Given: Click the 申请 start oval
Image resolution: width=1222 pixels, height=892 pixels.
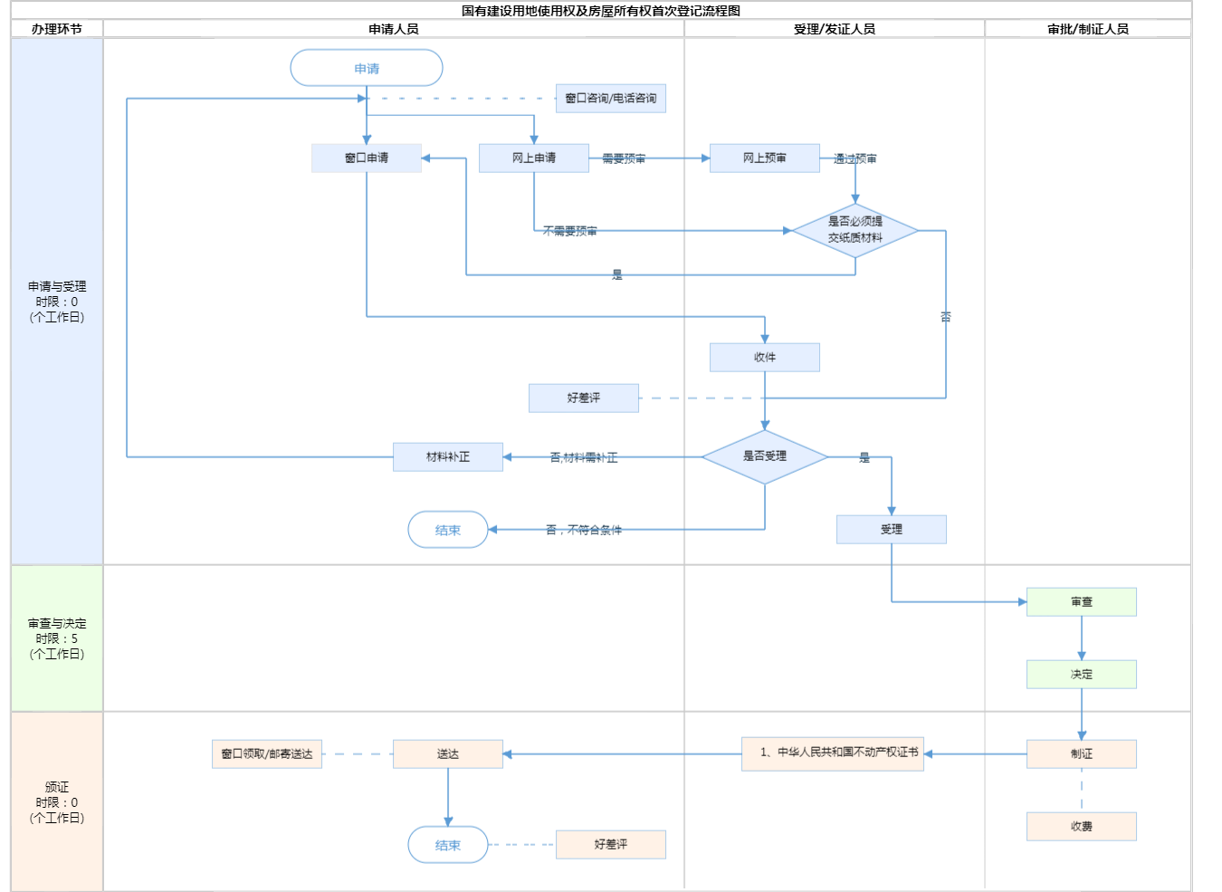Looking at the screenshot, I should coord(367,68).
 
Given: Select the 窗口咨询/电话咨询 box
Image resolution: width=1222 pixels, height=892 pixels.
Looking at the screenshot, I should coord(611,98).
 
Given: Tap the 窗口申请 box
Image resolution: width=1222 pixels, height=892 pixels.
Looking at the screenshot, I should coord(367,158).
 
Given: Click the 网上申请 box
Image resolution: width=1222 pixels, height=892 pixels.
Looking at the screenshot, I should coord(534,158).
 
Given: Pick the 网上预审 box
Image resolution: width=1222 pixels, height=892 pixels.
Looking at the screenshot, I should coord(765,158).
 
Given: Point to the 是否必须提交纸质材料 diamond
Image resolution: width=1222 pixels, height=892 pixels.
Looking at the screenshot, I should coord(855,230).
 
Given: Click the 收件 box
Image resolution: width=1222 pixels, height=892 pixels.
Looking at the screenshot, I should coord(765,357).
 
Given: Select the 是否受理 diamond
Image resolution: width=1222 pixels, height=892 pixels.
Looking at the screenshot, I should coord(765,456).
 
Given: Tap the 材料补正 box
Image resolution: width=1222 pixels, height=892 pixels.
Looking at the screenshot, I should coord(448,456).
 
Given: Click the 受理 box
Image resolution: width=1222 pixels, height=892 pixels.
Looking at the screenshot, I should coord(892,529).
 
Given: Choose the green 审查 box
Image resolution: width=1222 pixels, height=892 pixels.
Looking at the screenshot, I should coord(1082,601).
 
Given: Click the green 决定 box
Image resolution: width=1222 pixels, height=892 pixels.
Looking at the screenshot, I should coord(1082,674).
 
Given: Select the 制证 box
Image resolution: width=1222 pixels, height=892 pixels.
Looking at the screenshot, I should coord(1082,753).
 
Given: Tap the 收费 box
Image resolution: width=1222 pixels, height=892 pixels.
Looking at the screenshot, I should coord(1082,826).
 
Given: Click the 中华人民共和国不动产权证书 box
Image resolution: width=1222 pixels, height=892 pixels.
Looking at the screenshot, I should coord(833,753).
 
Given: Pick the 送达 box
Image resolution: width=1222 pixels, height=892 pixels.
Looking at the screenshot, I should coord(448,753).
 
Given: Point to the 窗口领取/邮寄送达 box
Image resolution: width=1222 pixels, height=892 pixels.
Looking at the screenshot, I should coord(267,753).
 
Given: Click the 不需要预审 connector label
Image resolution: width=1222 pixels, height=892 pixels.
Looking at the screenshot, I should coord(570,231).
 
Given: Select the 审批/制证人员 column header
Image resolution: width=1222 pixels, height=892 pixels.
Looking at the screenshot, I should coord(1088,29).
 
